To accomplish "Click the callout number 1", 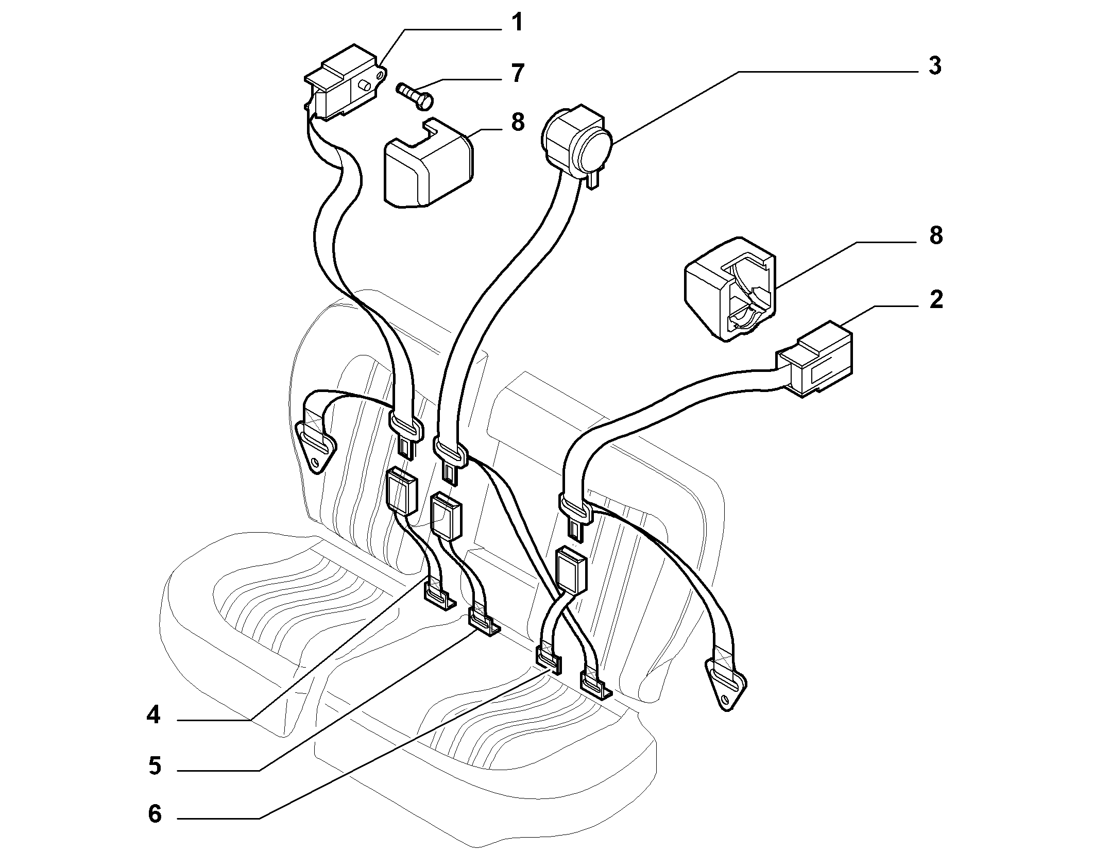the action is [x=517, y=23].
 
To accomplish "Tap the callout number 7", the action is [x=517, y=73].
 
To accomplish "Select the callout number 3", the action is [x=934, y=66].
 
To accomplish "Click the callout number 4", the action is [x=153, y=716].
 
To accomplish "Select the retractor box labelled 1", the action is [x=344, y=82].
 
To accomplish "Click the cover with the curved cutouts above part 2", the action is [x=730, y=289].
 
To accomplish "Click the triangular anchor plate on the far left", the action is [x=315, y=444].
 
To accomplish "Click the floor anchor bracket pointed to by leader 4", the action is [x=439, y=595].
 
